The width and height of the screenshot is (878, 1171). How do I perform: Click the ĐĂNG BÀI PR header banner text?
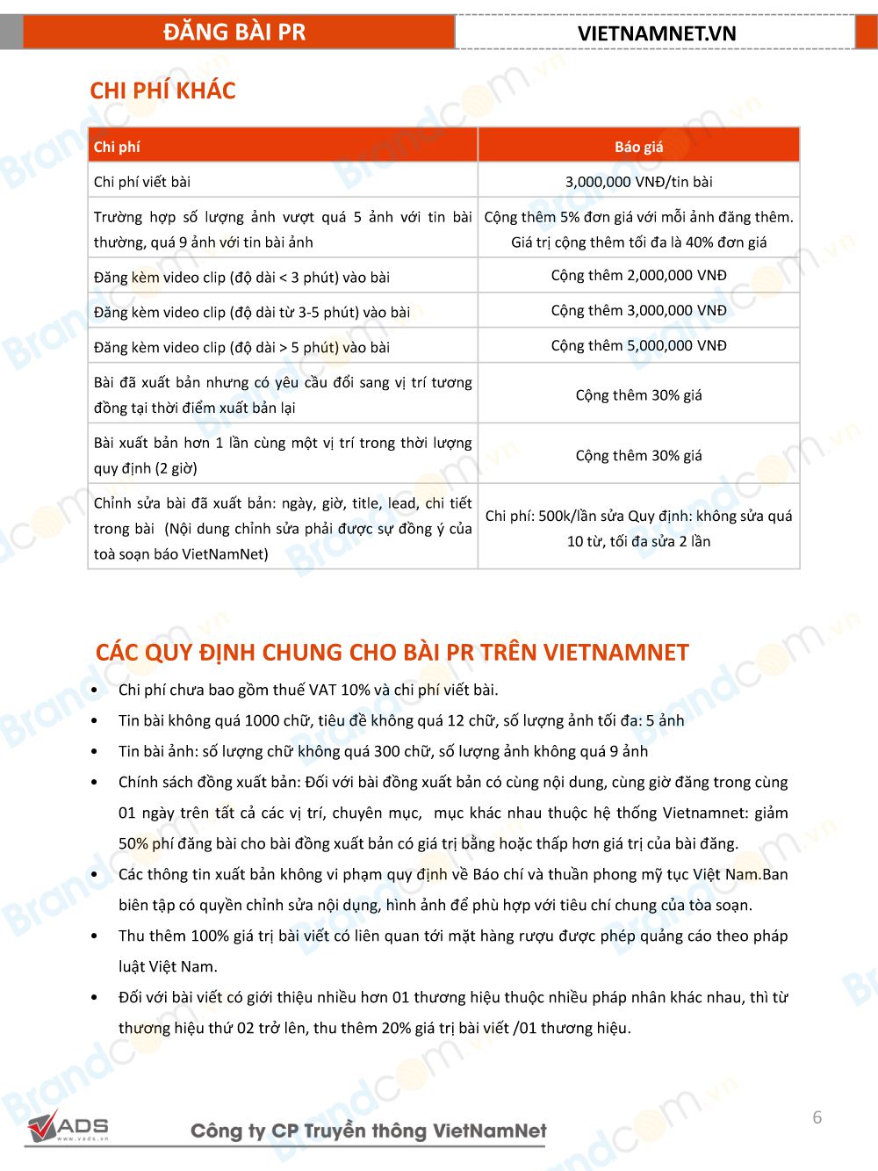click(234, 33)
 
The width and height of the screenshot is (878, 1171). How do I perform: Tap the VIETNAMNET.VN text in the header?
click(656, 33)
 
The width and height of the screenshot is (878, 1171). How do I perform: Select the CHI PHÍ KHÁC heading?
click(162, 90)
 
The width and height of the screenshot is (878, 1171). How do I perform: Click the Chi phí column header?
click(117, 147)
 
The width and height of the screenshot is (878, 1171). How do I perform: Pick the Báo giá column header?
click(638, 147)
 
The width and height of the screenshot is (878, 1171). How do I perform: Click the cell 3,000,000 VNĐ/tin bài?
click(638, 182)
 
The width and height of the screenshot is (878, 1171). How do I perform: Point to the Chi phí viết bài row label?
click(142, 182)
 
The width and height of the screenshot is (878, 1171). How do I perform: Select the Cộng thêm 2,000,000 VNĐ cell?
click(638, 275)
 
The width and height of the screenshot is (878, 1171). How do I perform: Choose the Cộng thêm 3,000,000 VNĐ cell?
click(638, 310)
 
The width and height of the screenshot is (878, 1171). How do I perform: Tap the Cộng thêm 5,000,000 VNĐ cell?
click(638, 345)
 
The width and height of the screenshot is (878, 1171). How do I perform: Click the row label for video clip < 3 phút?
click(241, 277)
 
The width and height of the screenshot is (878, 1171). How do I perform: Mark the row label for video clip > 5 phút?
click(241, 347)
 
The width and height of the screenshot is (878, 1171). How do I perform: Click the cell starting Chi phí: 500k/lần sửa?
click(638, 528)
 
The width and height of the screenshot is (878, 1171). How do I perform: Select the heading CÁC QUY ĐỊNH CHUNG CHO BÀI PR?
click(392, 653)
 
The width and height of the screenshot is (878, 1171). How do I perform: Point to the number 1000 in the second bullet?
click(262, 720)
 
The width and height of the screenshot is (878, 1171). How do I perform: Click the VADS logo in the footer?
click(68, 1127)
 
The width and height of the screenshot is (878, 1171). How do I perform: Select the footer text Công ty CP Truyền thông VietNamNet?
click(369, 1131)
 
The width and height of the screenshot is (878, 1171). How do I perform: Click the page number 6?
click(817, 1117)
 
